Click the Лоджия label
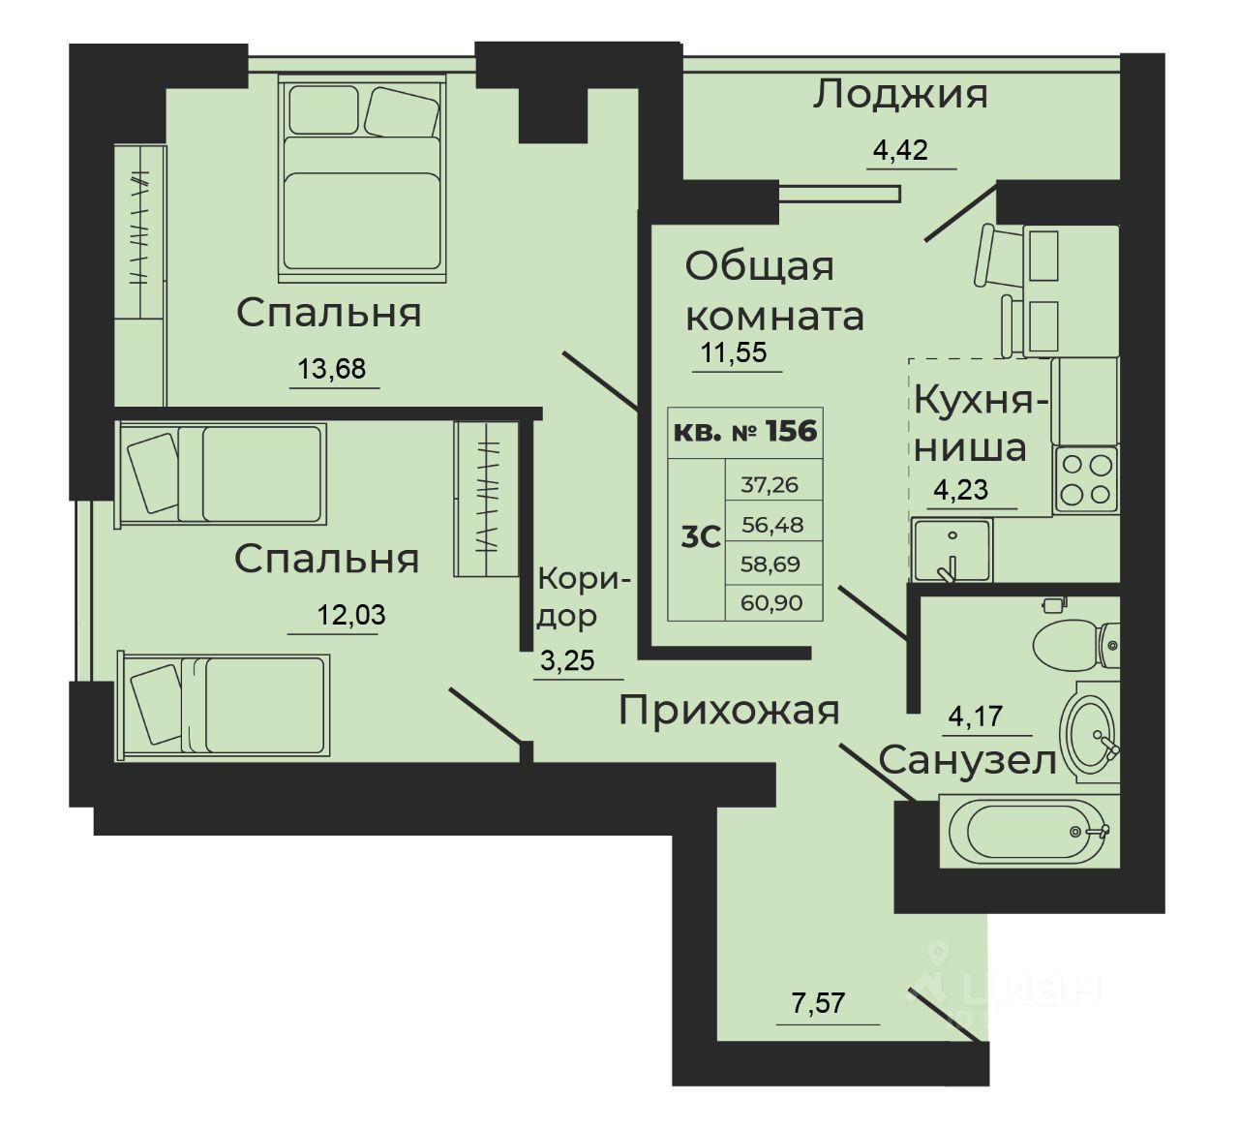click(x=899, y=95)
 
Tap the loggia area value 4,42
click(x=900, y=150)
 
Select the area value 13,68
click(x=333, y=369)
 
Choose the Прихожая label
click(x=729, y=711)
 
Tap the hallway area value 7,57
click(x=818, y=1003)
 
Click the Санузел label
click(x=967, y=761)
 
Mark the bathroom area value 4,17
click(x=976, y=717)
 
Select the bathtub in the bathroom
click(x=1029, y=832)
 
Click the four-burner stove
click(x=1084, y=479)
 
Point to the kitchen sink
click(x=951, y=550)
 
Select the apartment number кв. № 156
click(x=745, y=431)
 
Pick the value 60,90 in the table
click(x=771, y=603)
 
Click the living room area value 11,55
click(x=734, y=352)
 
